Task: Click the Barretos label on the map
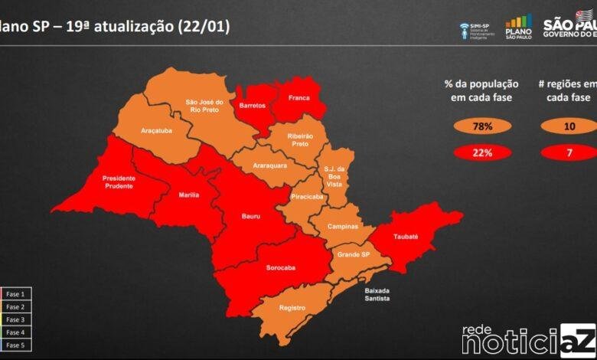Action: (x=252, y=104)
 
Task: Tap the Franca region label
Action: (x=298, y=98)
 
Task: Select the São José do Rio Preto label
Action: (x=204, y=105)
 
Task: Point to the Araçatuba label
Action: (x=156, y=131)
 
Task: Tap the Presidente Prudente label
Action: (x=119, y=182)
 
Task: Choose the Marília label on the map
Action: (x=189, y=195)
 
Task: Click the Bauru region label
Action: (x=251, y=217)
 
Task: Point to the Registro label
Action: (x=292, y=308)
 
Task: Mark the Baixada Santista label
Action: (x=377, y=294)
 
